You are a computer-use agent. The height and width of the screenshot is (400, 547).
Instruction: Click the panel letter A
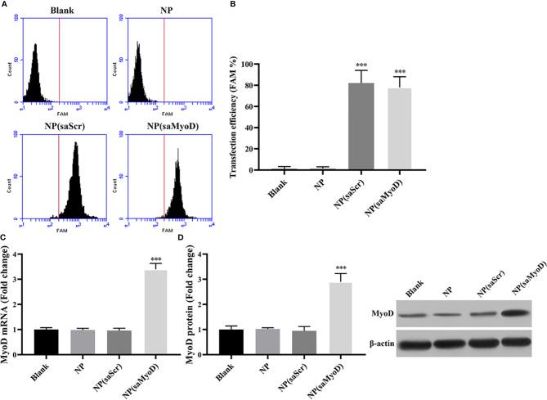click(x=6, y=4)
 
